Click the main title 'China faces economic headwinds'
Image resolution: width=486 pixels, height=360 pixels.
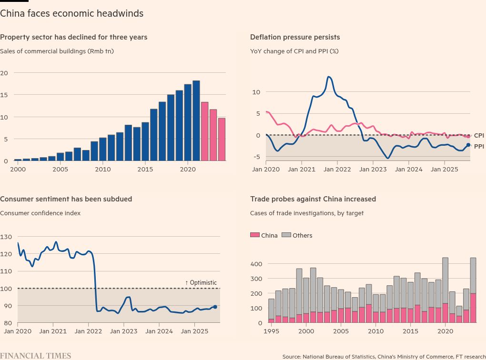point(71,14)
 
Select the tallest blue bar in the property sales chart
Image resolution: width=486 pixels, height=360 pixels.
point(196,121)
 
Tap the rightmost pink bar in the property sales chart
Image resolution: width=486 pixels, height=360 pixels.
point(222,140)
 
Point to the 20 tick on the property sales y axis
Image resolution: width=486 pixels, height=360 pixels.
point(4,73)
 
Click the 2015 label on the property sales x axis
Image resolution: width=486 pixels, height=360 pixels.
point(145,170)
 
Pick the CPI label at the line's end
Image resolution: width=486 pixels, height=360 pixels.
point(479,136)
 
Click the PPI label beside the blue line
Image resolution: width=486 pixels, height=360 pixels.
point(479,147)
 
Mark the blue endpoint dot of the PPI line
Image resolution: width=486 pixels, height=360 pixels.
point(468,145)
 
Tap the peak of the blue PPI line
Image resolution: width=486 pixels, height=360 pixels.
point(329,77)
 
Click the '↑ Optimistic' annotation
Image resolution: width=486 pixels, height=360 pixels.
point(201,283)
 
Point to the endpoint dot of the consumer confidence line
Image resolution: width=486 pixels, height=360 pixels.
point(215,307)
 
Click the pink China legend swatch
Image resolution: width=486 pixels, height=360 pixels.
point(254,235)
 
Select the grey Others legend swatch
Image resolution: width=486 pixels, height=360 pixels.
point(286,235)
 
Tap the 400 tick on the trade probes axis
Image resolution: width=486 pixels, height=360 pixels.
point(255,264)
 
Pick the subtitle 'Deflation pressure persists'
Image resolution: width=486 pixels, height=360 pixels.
point(295,37)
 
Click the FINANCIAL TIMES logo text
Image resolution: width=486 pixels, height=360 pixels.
point(36,355)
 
